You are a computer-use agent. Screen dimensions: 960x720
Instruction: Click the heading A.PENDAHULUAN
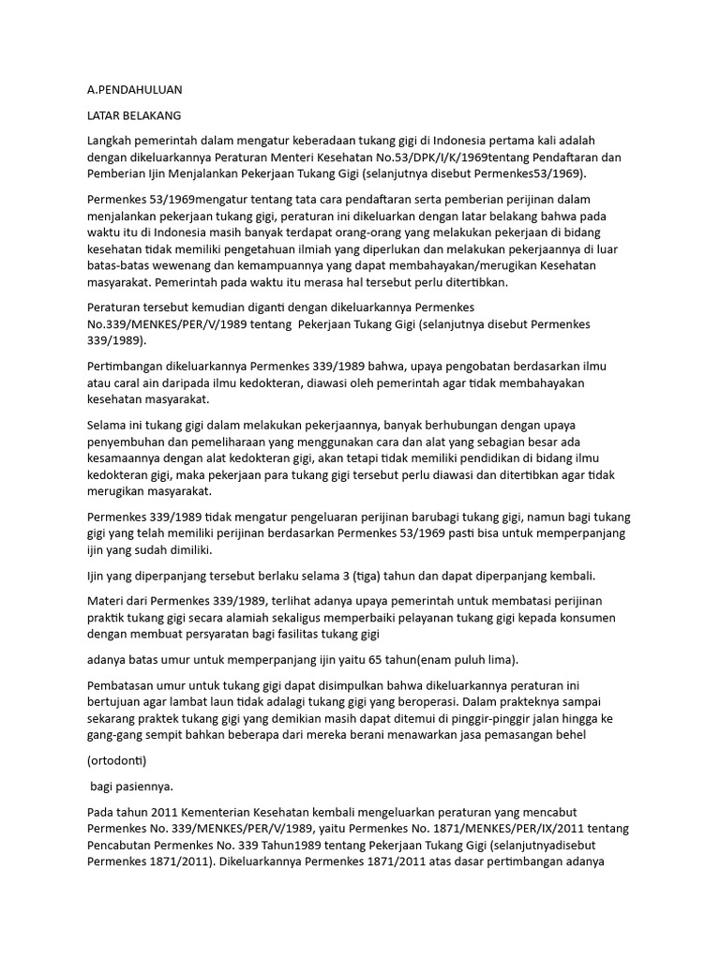point(134,90)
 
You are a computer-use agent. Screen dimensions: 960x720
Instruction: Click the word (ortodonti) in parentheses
point(116,759)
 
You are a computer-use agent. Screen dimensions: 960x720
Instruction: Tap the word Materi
point(106,599)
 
